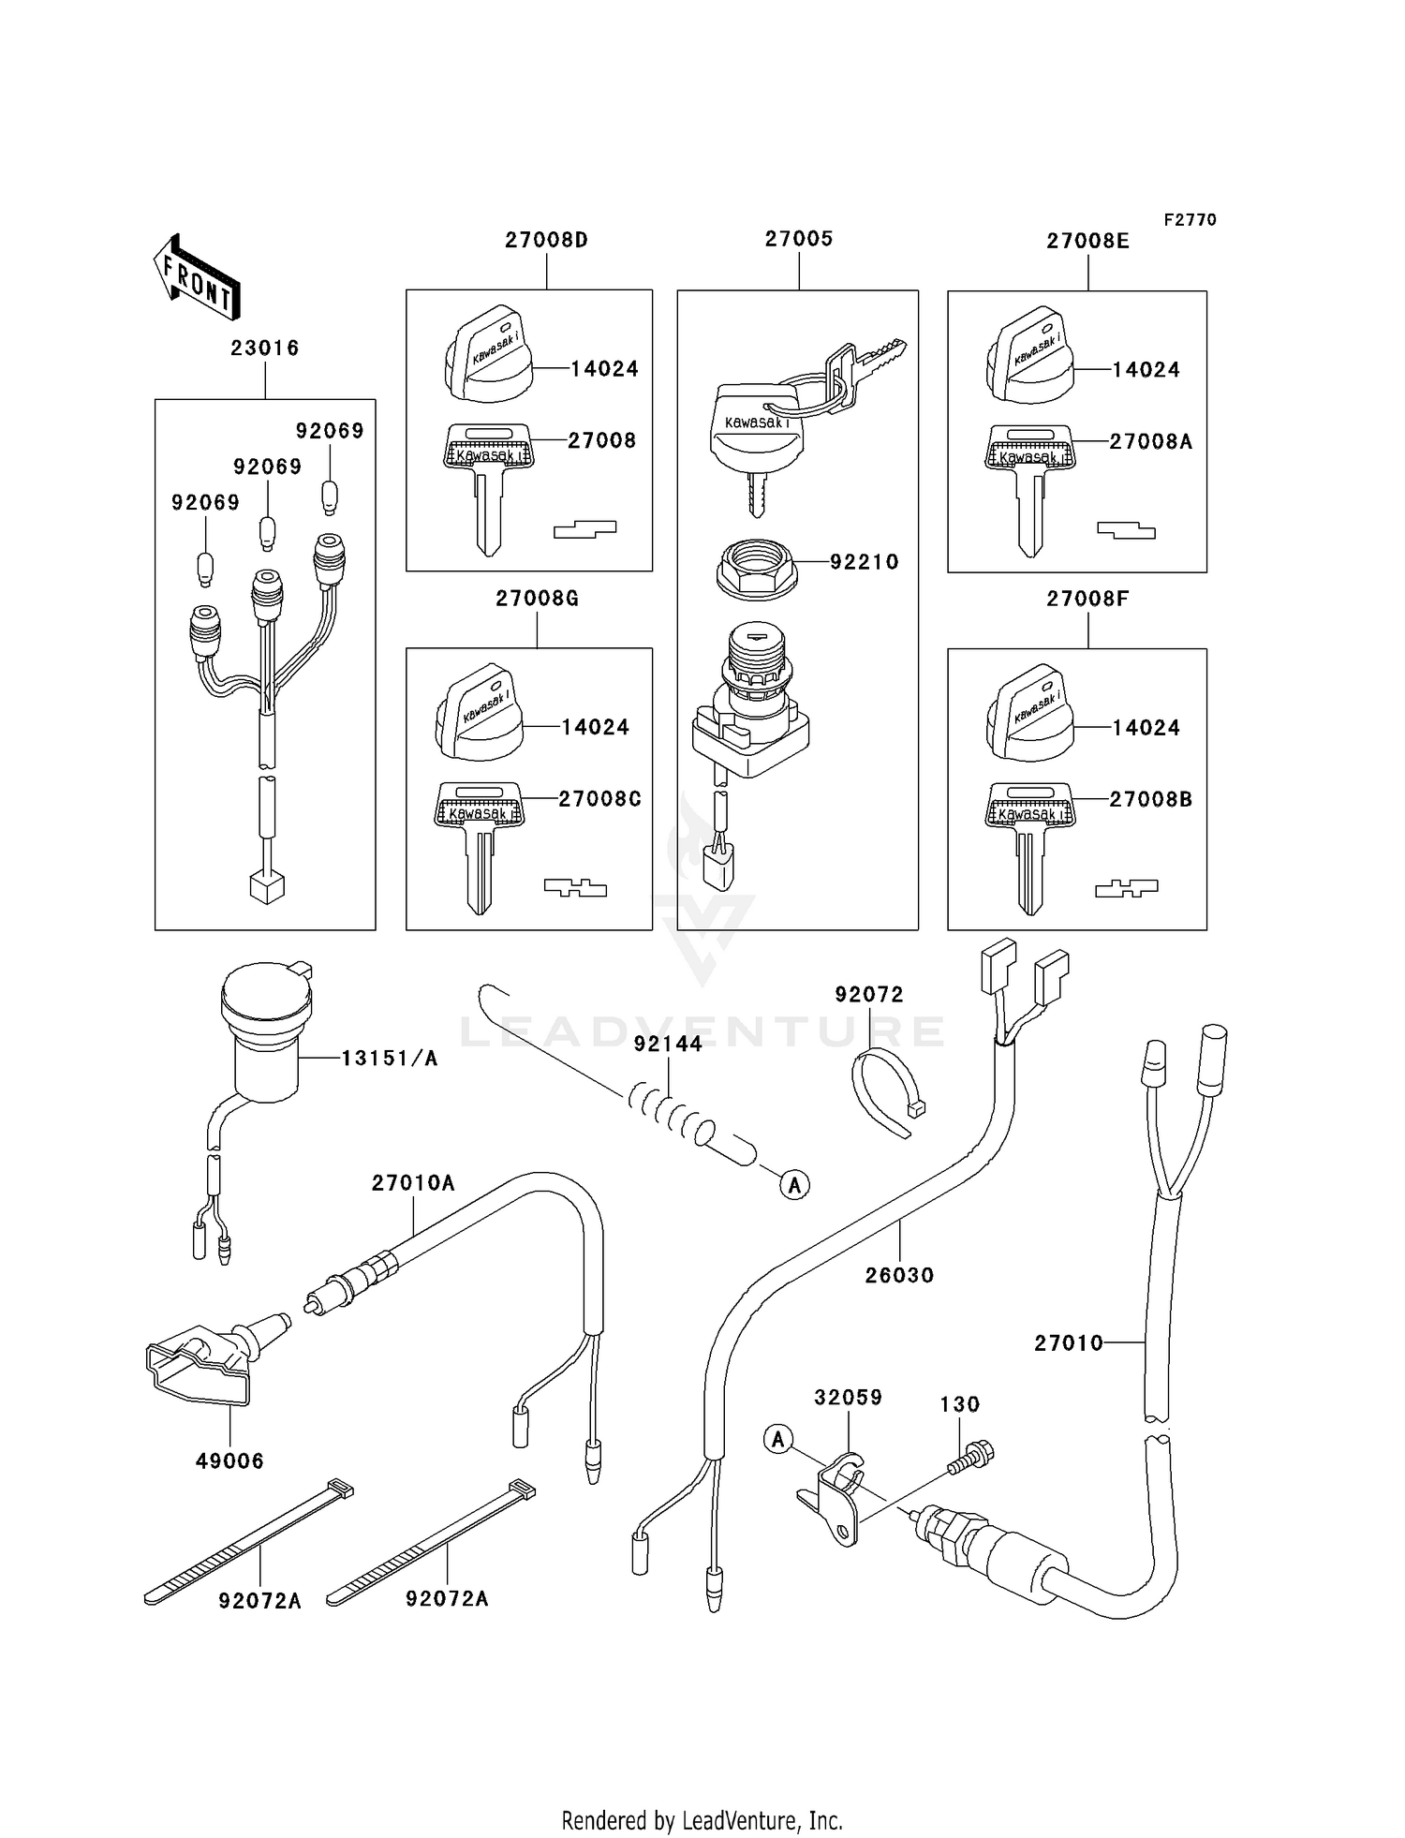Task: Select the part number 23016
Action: coord(265,348)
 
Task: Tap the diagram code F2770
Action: coord(1190,220)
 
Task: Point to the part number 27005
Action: coord(799,239)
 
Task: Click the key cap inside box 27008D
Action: coord(487,355)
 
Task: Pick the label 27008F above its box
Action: coord(1087,599)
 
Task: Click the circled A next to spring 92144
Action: coord(795,1185)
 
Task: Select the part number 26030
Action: coord(899,1275)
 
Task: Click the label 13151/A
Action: coord(389,1059)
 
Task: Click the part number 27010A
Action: coord(413,1183)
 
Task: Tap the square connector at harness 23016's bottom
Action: coord(267,886)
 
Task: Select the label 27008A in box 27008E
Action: coord(1150,441)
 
